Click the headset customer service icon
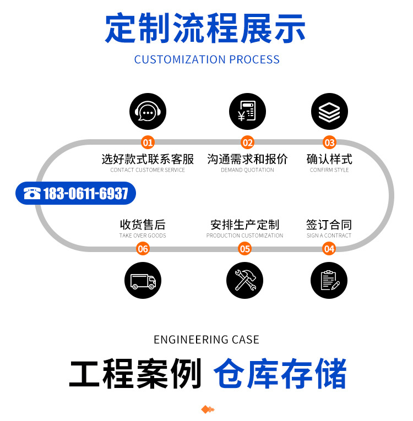pos(148,112)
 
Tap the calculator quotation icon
pos(247,112)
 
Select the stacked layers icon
pos(329,112)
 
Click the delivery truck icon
pos(143,281)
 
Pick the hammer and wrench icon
pos(244,281)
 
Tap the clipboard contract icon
pos(329,281)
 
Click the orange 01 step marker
pos(148,143)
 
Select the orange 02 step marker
pos(248,143)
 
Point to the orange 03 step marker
pos(329,143)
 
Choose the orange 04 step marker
pos(329,249)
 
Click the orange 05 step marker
pos(244,249)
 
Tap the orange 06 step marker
pos(143,249)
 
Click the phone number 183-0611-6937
pos(85,193)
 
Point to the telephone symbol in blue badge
pos(32,193)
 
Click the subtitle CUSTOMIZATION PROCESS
pos(206,59)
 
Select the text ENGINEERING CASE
pos(206,340)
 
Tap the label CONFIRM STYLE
pos(329,170)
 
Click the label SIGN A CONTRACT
pos(329,236)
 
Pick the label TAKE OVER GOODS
pos(143,236)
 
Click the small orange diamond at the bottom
pos(206,409)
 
